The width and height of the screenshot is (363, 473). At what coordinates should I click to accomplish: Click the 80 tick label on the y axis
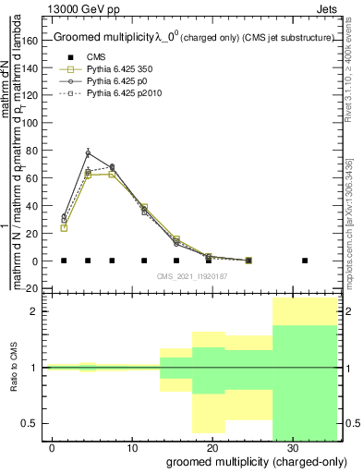(x=36, y=152)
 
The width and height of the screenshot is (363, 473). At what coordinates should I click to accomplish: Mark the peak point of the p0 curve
(x=88, y=153)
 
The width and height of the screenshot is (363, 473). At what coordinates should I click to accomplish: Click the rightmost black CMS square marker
(x=305, y=261)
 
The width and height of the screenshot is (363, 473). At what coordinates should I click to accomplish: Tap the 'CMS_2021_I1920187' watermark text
(x=192, y=276)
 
